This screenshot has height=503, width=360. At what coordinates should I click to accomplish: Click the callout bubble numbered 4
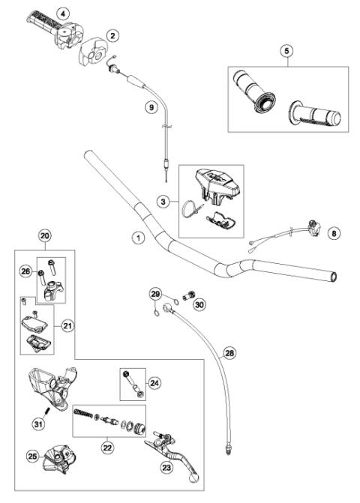(x=63, y=13)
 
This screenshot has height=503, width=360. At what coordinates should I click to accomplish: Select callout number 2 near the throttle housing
(x=112, y=34)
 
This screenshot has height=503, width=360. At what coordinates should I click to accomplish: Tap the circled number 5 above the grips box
(x=286, y=51)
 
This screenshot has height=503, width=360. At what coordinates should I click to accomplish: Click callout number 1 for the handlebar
(x=137, y=238)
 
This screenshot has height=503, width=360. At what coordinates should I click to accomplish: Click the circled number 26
(x=24, y=273)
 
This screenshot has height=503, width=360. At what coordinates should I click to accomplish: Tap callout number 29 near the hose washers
(x=156, y=293)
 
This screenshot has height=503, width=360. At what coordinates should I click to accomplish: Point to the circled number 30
(x=199, y=304)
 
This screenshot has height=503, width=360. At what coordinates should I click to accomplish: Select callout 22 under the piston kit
(x=108, y=448)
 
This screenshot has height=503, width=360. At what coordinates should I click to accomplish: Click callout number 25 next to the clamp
(x=31, y=456)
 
